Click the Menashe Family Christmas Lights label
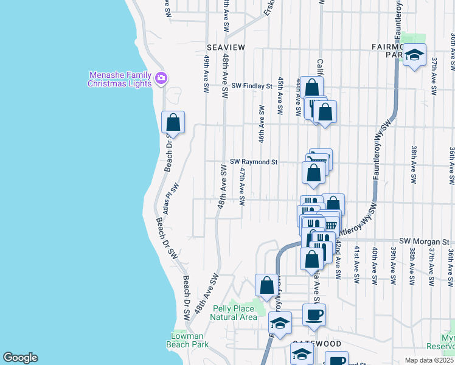pyautogui.click(x=119, y=79)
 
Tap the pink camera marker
pyautogui.click(x=161, y=78)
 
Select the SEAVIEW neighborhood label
pyautogui.click(x=225, y=47)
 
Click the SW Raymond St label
pyautogui.click(x=254, y=162)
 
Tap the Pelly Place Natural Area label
pyautogui.click(x=234, y=313)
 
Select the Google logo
pyautogui.click(x=20, y=358)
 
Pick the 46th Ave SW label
pyautogui.click(x=262, y=124)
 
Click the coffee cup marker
pyautogui.click(x=314, y=315)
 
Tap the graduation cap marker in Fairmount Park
pyautogui.click(x=414, y=55)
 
